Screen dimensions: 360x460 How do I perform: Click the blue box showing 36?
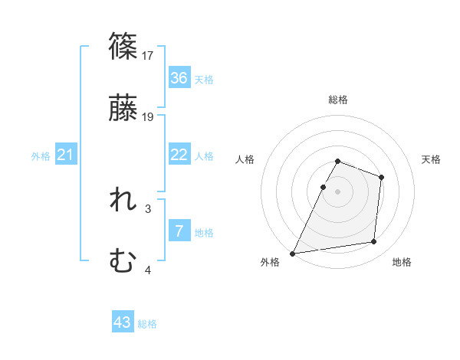pyautogui.click(x=179, y=78)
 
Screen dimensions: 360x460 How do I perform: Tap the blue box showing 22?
pyautogui.click(x=179, y=155)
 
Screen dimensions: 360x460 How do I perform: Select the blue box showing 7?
pyautogui.click(x=179, y=231)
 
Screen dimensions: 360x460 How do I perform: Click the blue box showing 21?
pyautogui.click(x=66, y=155)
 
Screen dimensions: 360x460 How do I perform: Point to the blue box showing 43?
pyautogui.click(x=123, y=322)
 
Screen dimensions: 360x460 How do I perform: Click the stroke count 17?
pyautogui.click(x=149, y=55)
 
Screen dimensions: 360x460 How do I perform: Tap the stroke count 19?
pyautogui.click(x=149, y=117)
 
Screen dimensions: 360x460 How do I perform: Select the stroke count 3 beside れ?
pyautogui.click(x=148, y=208)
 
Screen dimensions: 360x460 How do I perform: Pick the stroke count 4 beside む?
pyautogui.click(x=148, y=270)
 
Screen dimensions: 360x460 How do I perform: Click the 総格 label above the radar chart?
pyautogui.click(x=338, y=100)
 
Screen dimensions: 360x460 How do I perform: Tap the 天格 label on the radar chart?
pyautogui.click(x=432, y=159)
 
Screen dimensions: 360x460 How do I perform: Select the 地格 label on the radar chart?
pyautogui.click(x=402, y=262)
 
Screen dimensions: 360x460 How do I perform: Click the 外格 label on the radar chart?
pyautogui.click(x=270, y=262)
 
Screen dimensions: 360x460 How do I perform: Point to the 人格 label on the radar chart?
pyautogui.click(x=245, y=159)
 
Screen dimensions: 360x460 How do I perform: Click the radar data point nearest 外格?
pyautogui.click(x=293, y=253)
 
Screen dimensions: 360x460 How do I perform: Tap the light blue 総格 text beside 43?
pyautogui.click(x=147, y=324)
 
